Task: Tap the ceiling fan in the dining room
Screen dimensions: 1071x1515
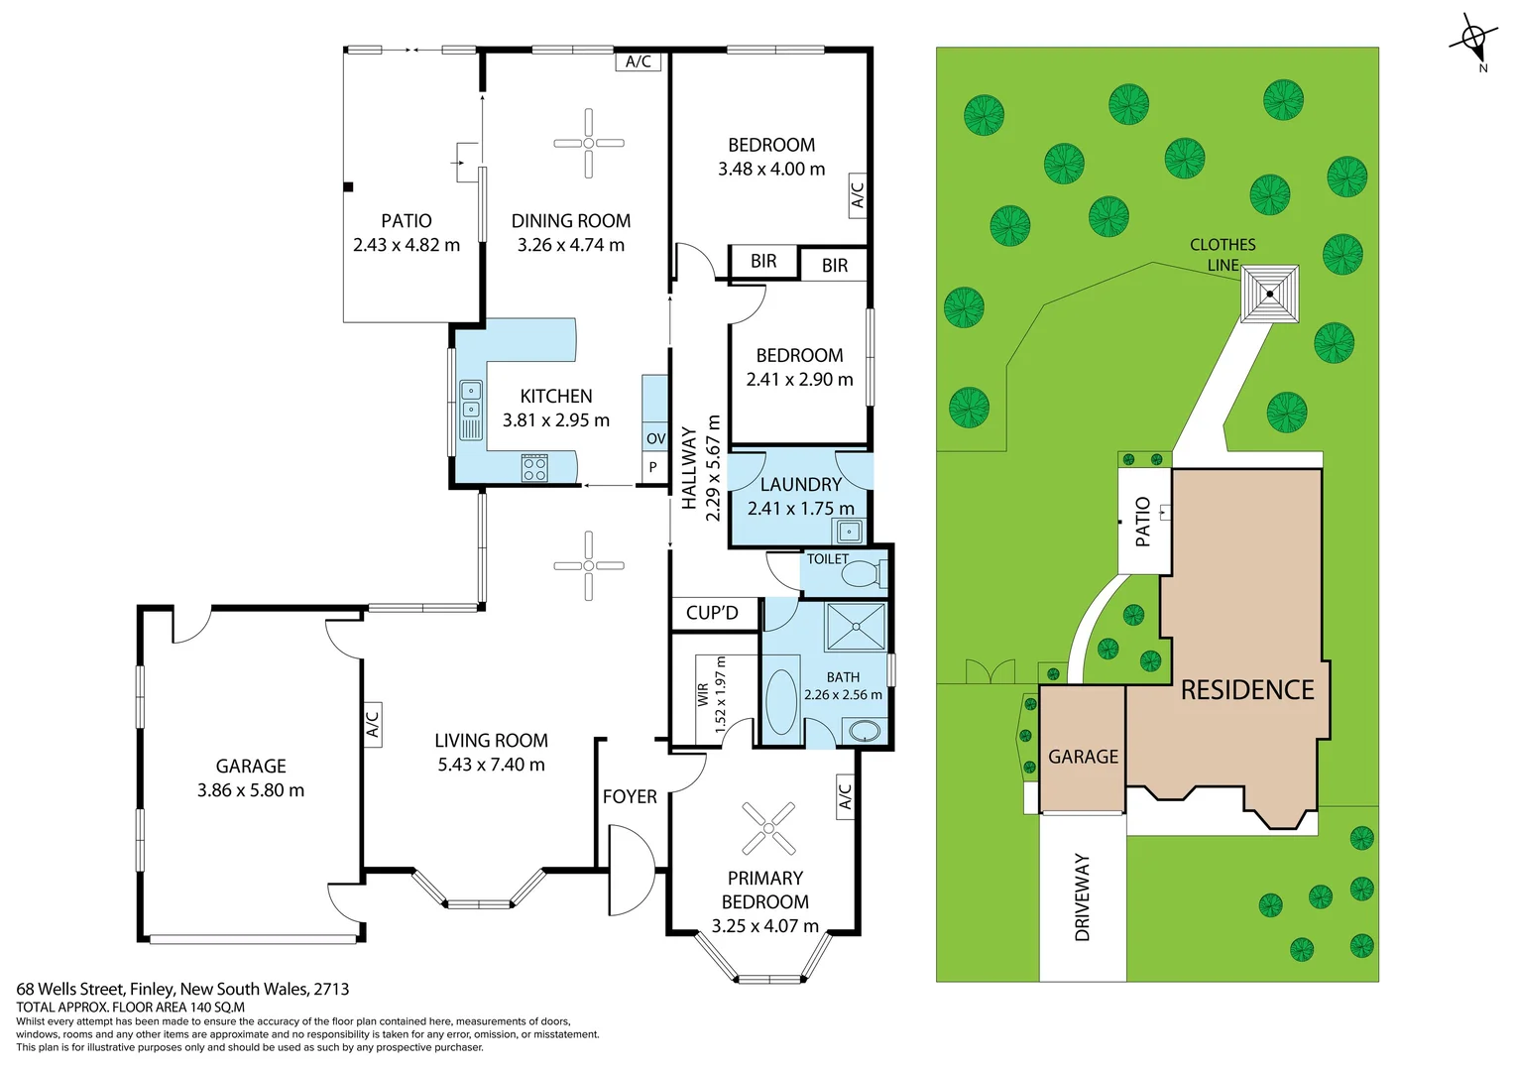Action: click(x=589, y=144)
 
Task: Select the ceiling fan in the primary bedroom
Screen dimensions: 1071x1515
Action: click(x=768, y=828)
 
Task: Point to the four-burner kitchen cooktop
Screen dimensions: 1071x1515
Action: click(x=534, y=468)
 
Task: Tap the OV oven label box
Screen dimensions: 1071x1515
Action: click(x=655, y=438)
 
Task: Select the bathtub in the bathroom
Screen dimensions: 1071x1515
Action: click(x=781, y=702)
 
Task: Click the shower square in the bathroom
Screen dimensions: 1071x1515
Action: click(x=856, y=627)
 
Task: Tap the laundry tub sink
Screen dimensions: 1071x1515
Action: click(x=850, y=533)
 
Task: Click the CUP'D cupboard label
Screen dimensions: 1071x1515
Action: click(x=712, y=613)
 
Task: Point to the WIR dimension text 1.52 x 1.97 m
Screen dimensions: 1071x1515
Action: click(x=721, y=694)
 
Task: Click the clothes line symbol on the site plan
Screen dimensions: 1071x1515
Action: click(x=1270, y=294)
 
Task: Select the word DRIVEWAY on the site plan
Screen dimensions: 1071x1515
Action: click(x=1082, y=897)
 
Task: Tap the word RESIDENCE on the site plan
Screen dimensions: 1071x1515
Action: click(x=1247, y=690)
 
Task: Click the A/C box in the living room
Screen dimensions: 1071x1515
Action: click(x=372, y=725)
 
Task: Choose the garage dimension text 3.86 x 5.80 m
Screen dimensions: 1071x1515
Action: click(x=251, y=790)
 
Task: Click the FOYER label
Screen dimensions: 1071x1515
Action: click(x=630, y=796)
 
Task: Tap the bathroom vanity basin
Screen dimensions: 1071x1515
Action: click(x=865, y=732)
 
